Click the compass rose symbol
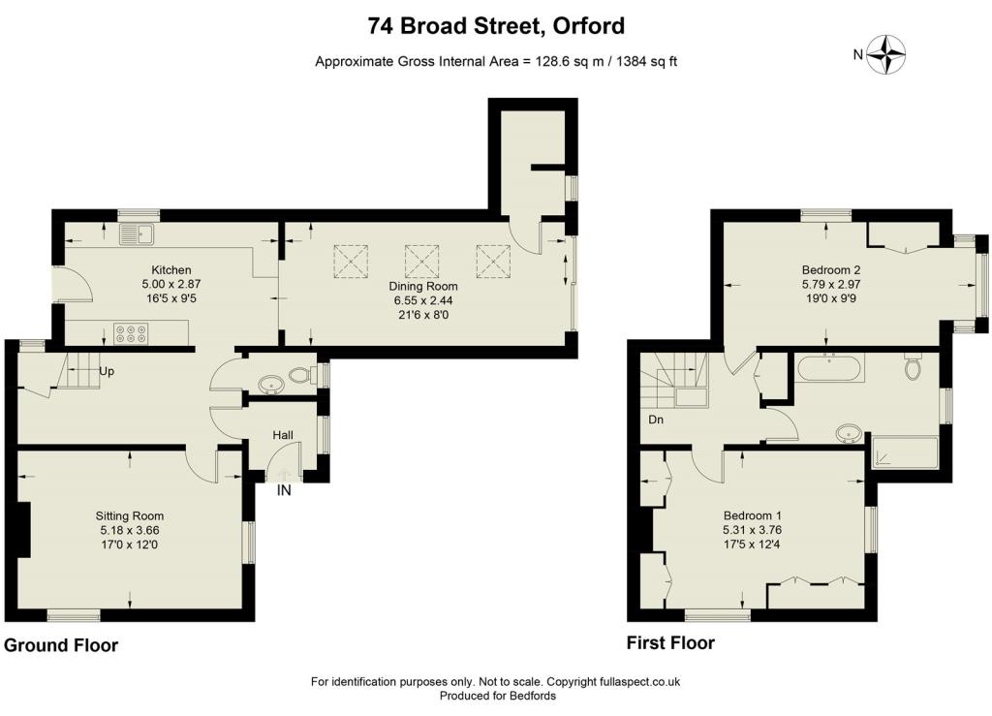click(885, 54)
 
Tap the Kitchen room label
click(170, 270)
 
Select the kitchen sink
click(137, 234)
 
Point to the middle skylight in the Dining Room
click(422, 262)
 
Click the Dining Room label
click(422, 287)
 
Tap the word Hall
click(283, 435)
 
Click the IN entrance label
click(284, 490)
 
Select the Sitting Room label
click(130, 516)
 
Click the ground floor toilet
click(300, 375)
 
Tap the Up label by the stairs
click(107, 371)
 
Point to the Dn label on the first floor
click(656, 420)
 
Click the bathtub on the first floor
click(829, 368)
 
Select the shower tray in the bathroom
click(905, 451)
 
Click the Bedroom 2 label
click(830, 270)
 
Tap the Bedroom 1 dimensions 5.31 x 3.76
click(752, 530)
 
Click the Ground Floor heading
click(61, 645)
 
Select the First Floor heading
click(670, 643)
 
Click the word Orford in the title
click(588, 26)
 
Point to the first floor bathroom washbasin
click(848, 434)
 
